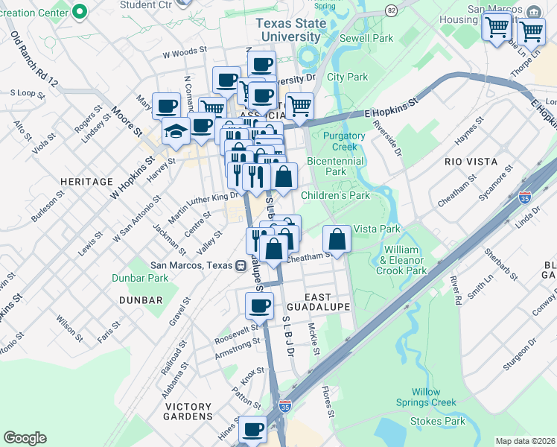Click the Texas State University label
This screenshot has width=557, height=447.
pos(290,30)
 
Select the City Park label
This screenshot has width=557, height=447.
pos(347,77)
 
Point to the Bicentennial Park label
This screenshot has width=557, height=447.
pos(335,166)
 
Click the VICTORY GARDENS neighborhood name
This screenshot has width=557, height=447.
pos(188,411)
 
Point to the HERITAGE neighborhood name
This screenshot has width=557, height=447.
pos(89,181)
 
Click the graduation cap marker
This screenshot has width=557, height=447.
pos(176,130)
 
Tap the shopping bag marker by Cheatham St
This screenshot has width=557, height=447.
pos(337,240)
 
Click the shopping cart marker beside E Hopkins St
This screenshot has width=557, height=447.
pos(299,106)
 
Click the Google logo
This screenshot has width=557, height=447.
pos(25,438)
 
